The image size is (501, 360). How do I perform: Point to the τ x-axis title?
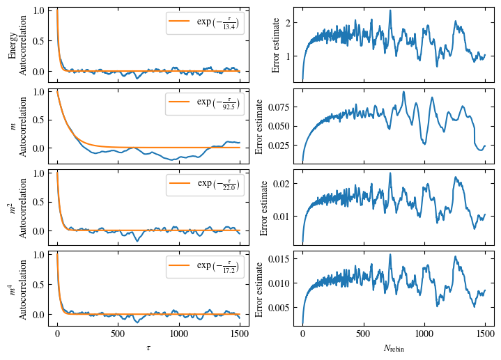click(x=148, y=347)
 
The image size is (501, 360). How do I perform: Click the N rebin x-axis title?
click(x=394, y=347)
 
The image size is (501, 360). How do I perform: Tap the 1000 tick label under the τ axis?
click(x=179, y=334)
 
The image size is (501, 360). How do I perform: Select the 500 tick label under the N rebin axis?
click(x=363, y=334)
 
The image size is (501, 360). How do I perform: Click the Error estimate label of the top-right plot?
click(x=275, y=45)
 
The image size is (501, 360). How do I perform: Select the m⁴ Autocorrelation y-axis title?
click(x=18, y=287)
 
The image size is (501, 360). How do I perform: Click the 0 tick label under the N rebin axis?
click(x=302, y=334)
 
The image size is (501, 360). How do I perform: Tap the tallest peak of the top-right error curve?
click(x=390, y=10)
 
